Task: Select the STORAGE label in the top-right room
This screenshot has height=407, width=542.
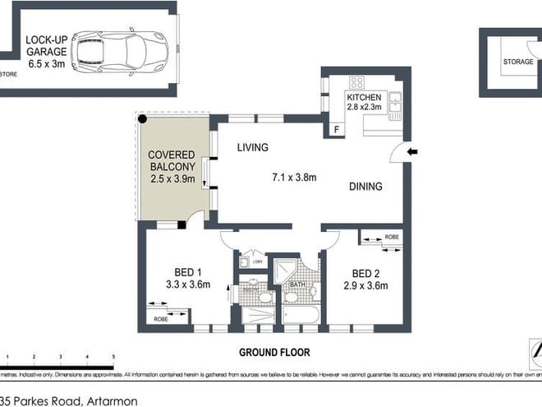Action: [x=517, y=61]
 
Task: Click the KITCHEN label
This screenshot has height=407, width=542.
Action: [x=365, y=99]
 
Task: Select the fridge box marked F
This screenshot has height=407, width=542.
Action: [x=336, y=129]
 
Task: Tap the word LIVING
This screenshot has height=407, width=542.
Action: [x=253, y=148]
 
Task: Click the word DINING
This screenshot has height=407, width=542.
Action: [x=365, y=187]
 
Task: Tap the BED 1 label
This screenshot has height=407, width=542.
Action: [x=188, y=272]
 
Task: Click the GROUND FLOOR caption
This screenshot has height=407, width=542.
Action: [x=274, y=352]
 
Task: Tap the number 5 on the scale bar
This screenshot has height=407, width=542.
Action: [x=113, y=357]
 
